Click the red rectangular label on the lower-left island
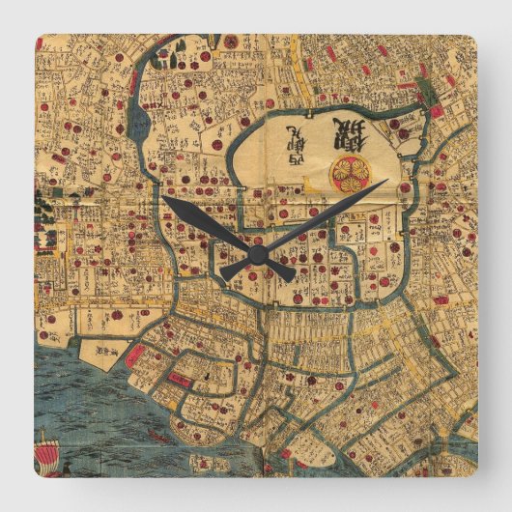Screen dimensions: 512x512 pos(181,378)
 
